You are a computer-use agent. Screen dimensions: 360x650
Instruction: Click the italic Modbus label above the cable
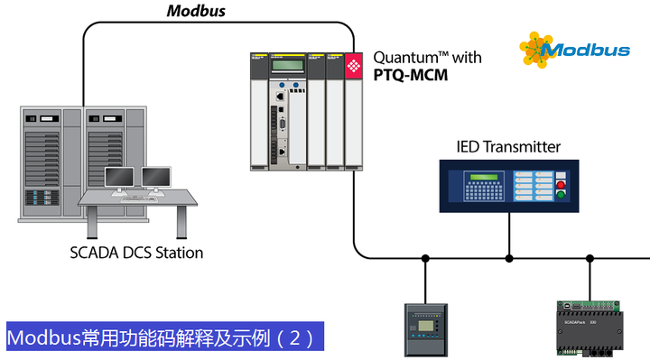click(196, 12)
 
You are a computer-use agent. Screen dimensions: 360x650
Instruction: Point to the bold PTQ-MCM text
click(411, 76)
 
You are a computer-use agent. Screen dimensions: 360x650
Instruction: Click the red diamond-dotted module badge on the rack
click(353, 65)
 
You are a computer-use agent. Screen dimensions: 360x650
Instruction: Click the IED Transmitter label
click(508, 146)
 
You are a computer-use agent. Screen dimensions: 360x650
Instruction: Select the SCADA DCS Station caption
click(136, 253)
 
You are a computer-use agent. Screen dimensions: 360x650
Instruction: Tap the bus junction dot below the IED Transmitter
click(509, 258)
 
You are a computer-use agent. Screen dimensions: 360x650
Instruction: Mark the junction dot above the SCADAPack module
click(590, 258)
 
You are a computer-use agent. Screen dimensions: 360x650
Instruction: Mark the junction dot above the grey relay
click(424, 258)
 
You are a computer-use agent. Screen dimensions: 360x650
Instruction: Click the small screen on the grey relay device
click(422, 322)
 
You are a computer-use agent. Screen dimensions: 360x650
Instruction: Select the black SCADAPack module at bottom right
click(592, 330)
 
